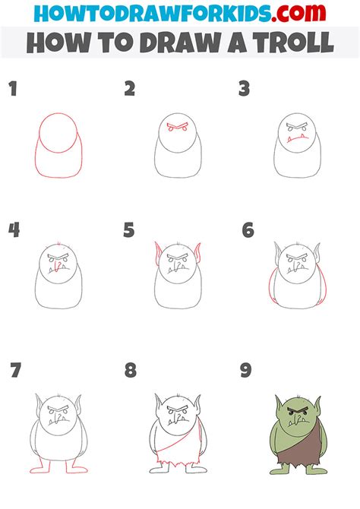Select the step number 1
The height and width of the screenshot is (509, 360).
click(x=13, y=90)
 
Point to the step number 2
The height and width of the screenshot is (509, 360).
click(x=130, y=90)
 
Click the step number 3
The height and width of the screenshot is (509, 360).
click(x=244, y=90)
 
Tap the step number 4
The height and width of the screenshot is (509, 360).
click(x=14, y=230)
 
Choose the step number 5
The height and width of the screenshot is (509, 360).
click(x=129, y=230)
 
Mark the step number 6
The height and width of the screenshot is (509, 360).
click(x=248, y=230)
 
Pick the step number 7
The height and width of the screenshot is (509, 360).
click(x=15, y=371)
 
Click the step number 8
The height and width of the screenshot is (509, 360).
click(x=131, y=371)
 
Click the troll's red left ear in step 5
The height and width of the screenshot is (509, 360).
click(x=159, y=255)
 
